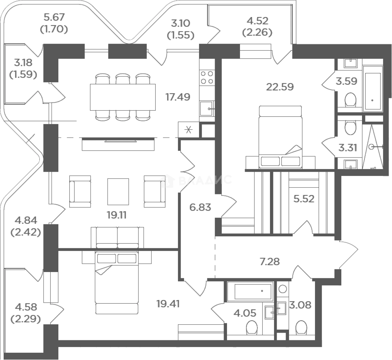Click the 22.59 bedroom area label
[280, 87]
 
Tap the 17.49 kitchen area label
[178, 97]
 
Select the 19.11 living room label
[117, 215]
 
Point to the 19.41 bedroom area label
[168, 304]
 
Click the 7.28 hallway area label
[270, 262]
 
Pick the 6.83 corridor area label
[200, 207]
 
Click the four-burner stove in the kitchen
[207, 77]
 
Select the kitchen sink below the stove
[207, 109]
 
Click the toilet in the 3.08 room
[301, 327]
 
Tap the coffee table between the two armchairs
[118, 191]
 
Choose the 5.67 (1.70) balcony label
[54, 23]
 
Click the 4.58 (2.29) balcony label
[26, 313]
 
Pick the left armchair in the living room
[80, 191]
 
